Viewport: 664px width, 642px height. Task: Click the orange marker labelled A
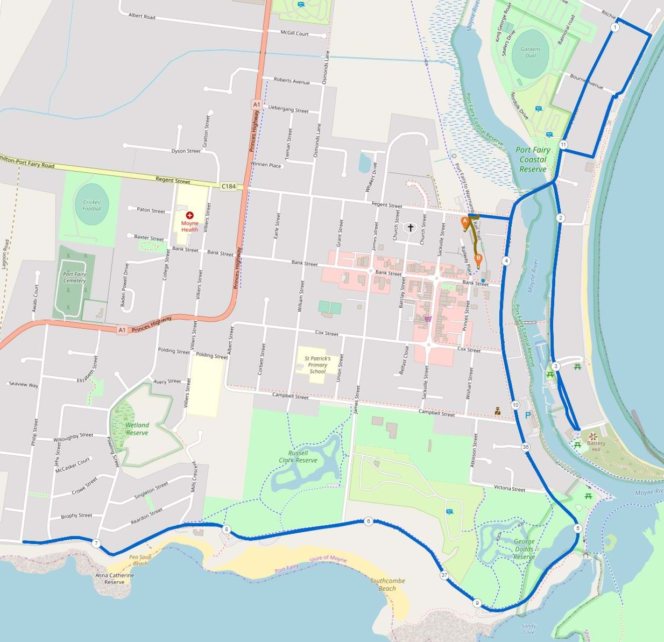465,221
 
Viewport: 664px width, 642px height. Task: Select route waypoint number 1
615,27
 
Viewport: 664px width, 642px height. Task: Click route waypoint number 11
563,145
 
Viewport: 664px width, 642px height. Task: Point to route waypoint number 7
96,544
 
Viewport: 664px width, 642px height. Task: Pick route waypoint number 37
444,575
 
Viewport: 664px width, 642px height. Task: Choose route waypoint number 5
578,528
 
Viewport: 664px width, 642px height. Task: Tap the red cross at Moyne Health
189,215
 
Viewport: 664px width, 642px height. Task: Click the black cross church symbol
411,228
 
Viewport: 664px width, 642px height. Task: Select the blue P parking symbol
528,415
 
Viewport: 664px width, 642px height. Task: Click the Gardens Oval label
531,52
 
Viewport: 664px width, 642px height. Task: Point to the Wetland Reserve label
137,429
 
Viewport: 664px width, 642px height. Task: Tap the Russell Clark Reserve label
298,456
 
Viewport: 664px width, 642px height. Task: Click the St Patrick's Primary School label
317,364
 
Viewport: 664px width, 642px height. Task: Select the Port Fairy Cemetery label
74,277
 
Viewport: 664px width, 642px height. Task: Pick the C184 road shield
228,186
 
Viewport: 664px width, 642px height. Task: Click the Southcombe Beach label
387,584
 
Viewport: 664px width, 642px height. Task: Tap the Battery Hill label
596,446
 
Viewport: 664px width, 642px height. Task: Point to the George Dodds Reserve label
524,549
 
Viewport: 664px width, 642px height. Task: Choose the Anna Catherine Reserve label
114,578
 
